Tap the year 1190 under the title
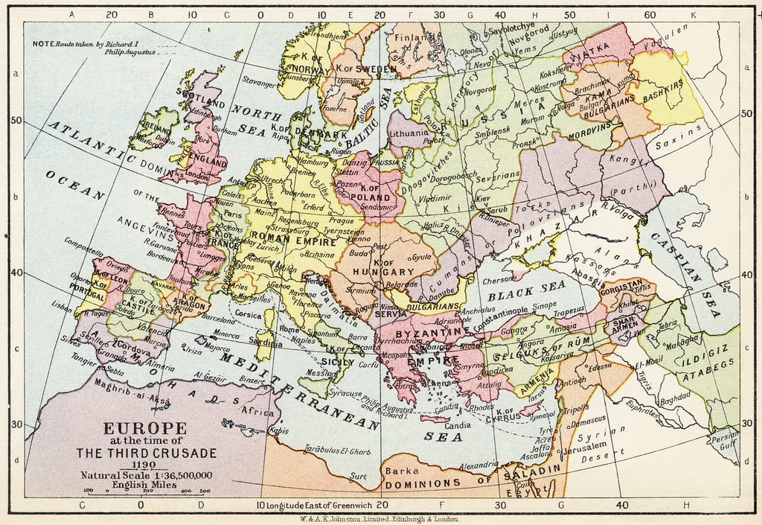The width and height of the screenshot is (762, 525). click(x=145, y=464)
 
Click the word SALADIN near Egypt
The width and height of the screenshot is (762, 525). click(x=531, y=472)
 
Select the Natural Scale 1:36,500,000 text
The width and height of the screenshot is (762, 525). click(x=147, y=475)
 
